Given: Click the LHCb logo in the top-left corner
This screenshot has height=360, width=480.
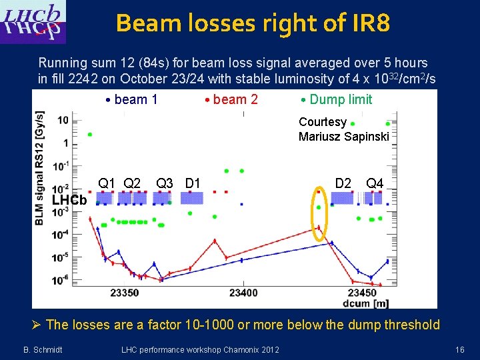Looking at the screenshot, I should [x=33, y=21].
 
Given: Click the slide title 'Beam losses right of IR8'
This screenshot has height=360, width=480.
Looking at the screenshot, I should [x=253, y=23].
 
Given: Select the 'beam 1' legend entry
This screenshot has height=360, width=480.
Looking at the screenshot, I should [x=132, y=100].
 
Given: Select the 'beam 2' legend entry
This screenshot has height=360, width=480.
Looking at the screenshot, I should [x=232, y=100].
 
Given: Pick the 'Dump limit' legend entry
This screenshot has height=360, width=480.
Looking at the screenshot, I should [x=337, y=100].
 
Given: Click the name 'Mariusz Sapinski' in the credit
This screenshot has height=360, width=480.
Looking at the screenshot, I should [x=343, y=137].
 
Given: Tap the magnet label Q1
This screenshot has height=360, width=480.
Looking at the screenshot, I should [x=107, y=183].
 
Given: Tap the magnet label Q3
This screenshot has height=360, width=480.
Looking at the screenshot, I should [x=164, y=183].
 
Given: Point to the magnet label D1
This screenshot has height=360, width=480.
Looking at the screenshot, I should [x=193, y=183].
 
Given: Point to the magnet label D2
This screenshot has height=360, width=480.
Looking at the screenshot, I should [x=343, y=183].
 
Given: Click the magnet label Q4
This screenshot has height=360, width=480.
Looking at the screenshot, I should [x=374, y=183].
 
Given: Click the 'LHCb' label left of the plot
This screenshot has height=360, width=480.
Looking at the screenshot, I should [x=69, y=201].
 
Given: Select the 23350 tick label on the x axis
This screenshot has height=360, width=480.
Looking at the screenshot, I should [x=125, y=293].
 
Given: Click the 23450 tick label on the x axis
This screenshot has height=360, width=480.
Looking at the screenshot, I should [x=362, y=293].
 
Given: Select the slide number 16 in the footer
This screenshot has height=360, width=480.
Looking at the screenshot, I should [x=459, y=349].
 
